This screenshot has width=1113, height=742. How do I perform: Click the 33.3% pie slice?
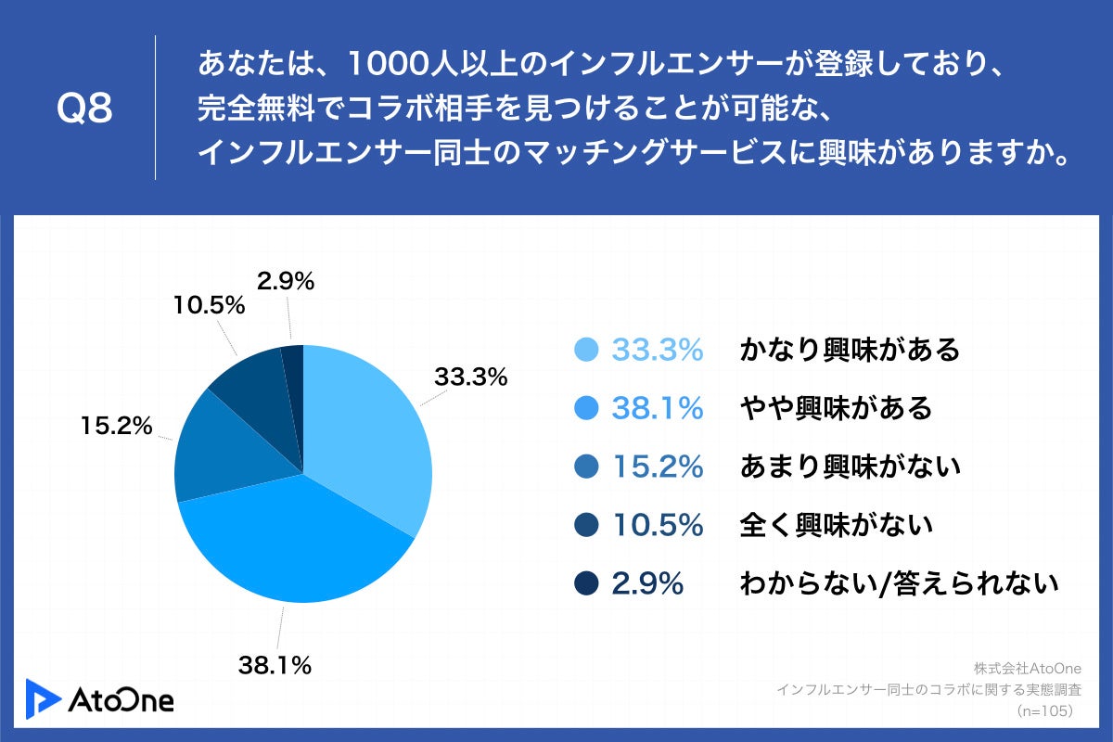point(366,427)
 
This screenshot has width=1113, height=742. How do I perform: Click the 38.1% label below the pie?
point(275,664)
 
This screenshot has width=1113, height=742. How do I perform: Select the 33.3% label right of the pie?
point(471,377)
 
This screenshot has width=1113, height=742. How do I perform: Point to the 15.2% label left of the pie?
point(116,426)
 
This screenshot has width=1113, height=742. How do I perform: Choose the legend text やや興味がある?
point(835,408)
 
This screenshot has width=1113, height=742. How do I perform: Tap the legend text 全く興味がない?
point(835,526)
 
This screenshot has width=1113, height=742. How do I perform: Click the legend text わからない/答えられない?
point(898,584)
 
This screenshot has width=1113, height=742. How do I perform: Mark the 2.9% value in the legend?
point(647,584)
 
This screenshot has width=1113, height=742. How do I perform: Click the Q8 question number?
point(84,109)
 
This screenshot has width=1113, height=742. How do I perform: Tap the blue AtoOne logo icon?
point(42,698)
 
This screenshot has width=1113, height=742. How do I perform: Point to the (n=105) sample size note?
point(1044,710)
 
